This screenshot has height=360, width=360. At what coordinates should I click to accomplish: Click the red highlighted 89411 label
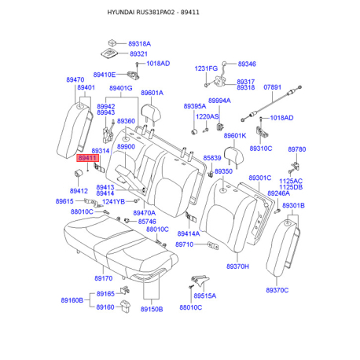88,158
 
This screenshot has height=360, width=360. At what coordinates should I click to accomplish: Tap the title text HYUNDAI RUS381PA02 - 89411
153,13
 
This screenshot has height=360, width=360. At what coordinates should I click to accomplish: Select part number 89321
138,53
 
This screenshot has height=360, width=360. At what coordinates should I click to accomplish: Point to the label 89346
247,64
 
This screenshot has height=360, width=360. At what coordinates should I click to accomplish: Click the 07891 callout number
272,87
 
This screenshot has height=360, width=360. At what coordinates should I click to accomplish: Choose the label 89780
297,149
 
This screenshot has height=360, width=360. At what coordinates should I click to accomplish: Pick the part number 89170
104,278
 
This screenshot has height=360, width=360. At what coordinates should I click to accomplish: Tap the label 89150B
152,309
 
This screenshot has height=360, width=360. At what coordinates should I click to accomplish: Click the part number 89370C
277,290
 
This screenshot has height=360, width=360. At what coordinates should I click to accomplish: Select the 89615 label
64,201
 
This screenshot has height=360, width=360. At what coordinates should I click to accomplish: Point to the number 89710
184,244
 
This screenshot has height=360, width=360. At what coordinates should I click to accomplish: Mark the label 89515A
205,296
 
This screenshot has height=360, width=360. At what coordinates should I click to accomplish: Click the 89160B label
72,300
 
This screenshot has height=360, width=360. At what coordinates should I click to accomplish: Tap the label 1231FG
206,68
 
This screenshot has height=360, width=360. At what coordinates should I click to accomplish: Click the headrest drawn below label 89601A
151,113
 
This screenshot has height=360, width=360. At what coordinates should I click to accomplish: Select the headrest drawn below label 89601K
234,155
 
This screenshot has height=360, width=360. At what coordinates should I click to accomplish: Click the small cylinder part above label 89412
79,173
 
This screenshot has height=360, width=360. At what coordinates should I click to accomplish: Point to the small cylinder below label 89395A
194,131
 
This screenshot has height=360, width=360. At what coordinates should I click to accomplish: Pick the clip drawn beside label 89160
125,306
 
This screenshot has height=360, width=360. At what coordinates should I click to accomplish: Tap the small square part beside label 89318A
112,42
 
